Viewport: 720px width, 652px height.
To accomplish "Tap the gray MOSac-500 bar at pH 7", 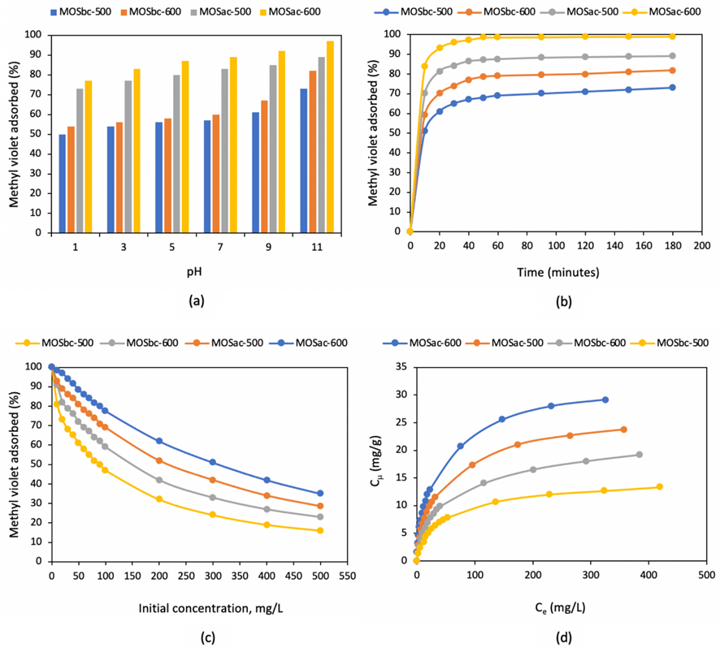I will (224, 150).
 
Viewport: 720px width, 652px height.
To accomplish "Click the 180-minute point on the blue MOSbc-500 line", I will (672, 87).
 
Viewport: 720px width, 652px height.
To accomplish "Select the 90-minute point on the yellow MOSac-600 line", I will (541, 37).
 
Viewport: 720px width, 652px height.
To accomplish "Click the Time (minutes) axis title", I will (555, 272).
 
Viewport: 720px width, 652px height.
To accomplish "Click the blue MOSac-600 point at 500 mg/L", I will (320, 493).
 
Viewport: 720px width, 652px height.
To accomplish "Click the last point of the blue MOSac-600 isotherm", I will (605, 399).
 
